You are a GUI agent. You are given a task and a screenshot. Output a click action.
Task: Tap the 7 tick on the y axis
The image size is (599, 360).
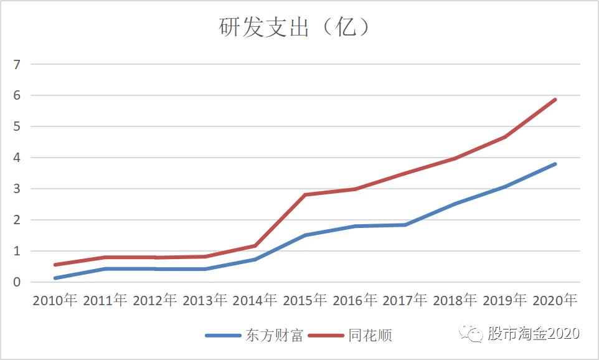tap(17, 65)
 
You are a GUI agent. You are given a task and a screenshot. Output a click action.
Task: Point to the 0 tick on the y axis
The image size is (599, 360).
tap(17, 282)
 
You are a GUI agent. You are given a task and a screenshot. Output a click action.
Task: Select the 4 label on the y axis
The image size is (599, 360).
tap(17, 158)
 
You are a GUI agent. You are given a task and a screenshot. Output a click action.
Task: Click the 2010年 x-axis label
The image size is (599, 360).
tap(55, 300)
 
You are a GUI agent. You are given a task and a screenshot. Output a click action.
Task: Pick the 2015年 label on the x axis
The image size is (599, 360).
tap(305, 300)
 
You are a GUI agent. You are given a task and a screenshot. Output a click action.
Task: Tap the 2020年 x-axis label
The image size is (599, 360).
tap(555, 300)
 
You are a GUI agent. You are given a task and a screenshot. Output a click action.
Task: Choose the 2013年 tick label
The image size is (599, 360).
tap(205, 300)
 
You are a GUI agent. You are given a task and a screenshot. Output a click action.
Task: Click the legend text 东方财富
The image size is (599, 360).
tap(275, 336)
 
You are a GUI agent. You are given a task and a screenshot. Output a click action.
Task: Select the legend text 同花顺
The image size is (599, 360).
tap(370, 336)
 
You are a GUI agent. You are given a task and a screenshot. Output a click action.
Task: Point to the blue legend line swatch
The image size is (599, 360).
tap(223, 336)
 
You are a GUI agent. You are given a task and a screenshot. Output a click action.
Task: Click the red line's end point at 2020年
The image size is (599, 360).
tap(555, 100)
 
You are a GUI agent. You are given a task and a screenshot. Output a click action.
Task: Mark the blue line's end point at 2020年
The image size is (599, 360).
tap(555, 164)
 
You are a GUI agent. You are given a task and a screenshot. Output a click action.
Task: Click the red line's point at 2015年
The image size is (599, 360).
tap(305, 195)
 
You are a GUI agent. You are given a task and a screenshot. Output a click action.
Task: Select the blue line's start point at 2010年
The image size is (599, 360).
tap(55, 278)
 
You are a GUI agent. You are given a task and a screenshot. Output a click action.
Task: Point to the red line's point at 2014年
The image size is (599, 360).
tap(255, 245)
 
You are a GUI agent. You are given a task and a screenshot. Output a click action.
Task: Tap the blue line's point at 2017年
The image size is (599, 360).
tap(405, 225)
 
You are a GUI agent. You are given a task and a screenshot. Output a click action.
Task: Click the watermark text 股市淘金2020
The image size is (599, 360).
tap(534, 333)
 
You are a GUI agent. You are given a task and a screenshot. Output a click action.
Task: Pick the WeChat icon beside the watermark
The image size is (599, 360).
tap(471, 334)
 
